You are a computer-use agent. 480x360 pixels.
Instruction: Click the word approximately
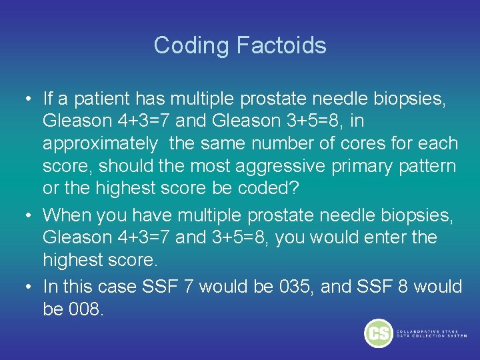tap(101, 143)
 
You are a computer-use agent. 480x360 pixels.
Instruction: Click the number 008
tap(86, 309)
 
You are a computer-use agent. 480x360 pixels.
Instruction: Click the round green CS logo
tap(378, 333)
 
